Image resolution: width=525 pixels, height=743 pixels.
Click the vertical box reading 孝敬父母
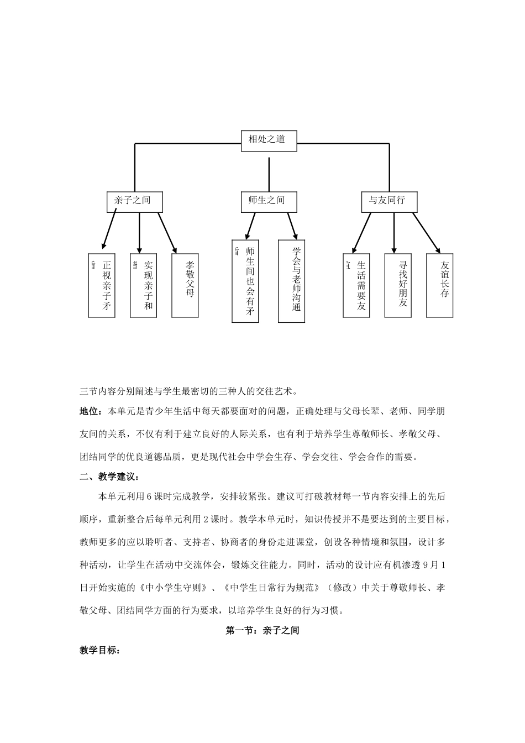[185, 285]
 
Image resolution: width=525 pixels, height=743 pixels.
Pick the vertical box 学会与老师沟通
[292, 280]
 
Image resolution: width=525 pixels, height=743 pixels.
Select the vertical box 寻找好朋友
[398, 285]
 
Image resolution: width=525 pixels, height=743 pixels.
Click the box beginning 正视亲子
[102, 285]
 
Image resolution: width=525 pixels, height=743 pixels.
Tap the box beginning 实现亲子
[144, 285]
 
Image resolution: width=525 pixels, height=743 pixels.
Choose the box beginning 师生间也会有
[245, 280]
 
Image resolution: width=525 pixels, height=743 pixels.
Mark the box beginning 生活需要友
[356, 285]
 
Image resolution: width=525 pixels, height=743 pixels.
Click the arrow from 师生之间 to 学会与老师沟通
[292, 226]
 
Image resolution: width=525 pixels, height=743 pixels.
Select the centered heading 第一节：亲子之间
[262, 630]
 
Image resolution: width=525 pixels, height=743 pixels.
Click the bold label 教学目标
[99, 651]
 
